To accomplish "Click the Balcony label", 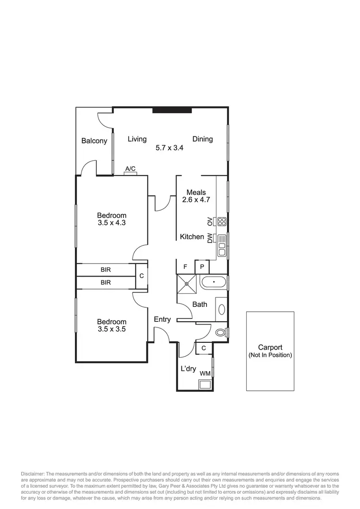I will [94, 141].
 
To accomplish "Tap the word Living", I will [137, 139].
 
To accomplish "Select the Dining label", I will [203, 139].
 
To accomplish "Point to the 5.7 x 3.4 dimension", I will [170, 148].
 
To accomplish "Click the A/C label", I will [130, 169].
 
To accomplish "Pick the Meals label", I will [196, 193].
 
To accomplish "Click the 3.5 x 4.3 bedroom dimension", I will [111, 223].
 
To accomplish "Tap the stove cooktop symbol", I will [222, 221].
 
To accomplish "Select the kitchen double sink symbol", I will [222, 245].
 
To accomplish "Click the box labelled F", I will [185, 267].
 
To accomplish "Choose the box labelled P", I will [202, 267].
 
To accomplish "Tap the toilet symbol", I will [221, 331].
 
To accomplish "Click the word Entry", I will [162, 319].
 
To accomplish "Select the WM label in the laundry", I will [205, 373].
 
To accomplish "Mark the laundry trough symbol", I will [205, 384].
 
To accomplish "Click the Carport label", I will [270, 348].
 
